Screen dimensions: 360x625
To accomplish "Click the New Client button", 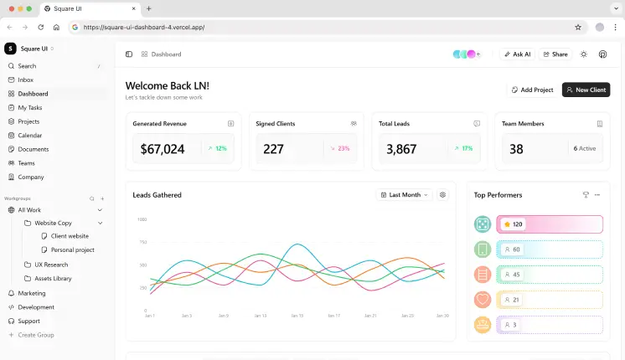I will [586, 90].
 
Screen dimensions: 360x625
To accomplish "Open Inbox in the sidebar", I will [26, 80].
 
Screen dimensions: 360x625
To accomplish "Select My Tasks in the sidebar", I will [30, 107].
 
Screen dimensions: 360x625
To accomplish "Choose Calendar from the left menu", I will [30, 135].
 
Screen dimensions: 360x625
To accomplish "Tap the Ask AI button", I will [517, 54].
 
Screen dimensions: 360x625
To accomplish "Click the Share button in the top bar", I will [555, 54].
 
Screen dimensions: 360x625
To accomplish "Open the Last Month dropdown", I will [404, 195].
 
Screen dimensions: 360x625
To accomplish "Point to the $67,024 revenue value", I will [163, 149].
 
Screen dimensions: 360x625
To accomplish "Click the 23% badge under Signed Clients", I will [339, 149].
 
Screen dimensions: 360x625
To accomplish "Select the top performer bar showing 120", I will [549, 224].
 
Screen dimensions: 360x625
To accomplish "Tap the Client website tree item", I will [70, 236].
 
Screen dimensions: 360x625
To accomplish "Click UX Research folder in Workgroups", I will [51, 264].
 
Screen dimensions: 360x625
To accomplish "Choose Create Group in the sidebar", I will [36, 335].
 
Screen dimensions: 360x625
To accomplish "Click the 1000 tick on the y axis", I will [142, 219].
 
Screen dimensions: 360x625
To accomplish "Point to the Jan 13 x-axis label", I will [260, 316].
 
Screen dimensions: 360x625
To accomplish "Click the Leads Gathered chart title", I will [157, 195].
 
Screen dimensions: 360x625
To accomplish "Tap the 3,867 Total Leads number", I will [401, 149].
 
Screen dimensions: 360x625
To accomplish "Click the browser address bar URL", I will [144, 27].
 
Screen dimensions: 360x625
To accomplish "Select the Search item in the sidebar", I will [27, 65].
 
